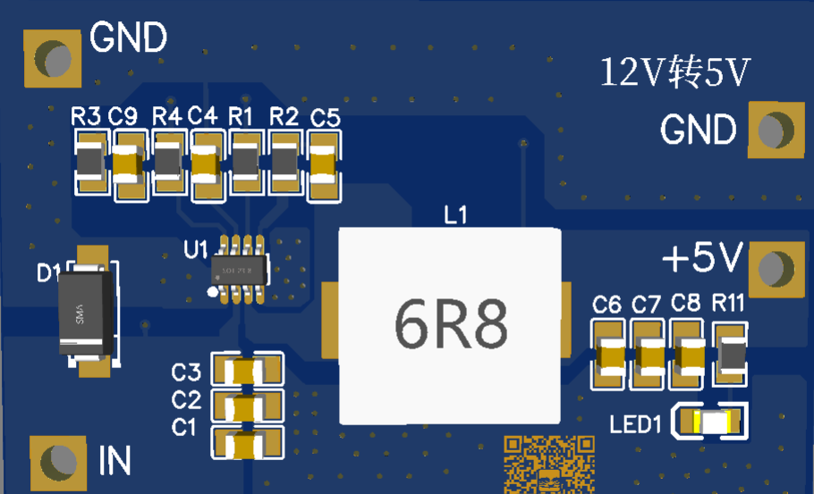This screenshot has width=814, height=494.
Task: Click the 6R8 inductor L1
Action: [x=450, y=325]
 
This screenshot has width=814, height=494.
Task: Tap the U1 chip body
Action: [x=238, y=270]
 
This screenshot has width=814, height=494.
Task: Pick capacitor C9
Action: [x=128, y=163]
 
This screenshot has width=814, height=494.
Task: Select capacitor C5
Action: [x=324, y=163]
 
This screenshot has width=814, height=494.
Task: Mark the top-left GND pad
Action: [x=55, y=59]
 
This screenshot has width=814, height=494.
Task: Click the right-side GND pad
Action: [x=772, y=130]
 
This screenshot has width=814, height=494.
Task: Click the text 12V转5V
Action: [x=674, y=72]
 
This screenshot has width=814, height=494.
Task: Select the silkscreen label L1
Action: [x=455, y=214]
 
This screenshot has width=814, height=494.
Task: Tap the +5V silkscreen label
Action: [x=703, y=260]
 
